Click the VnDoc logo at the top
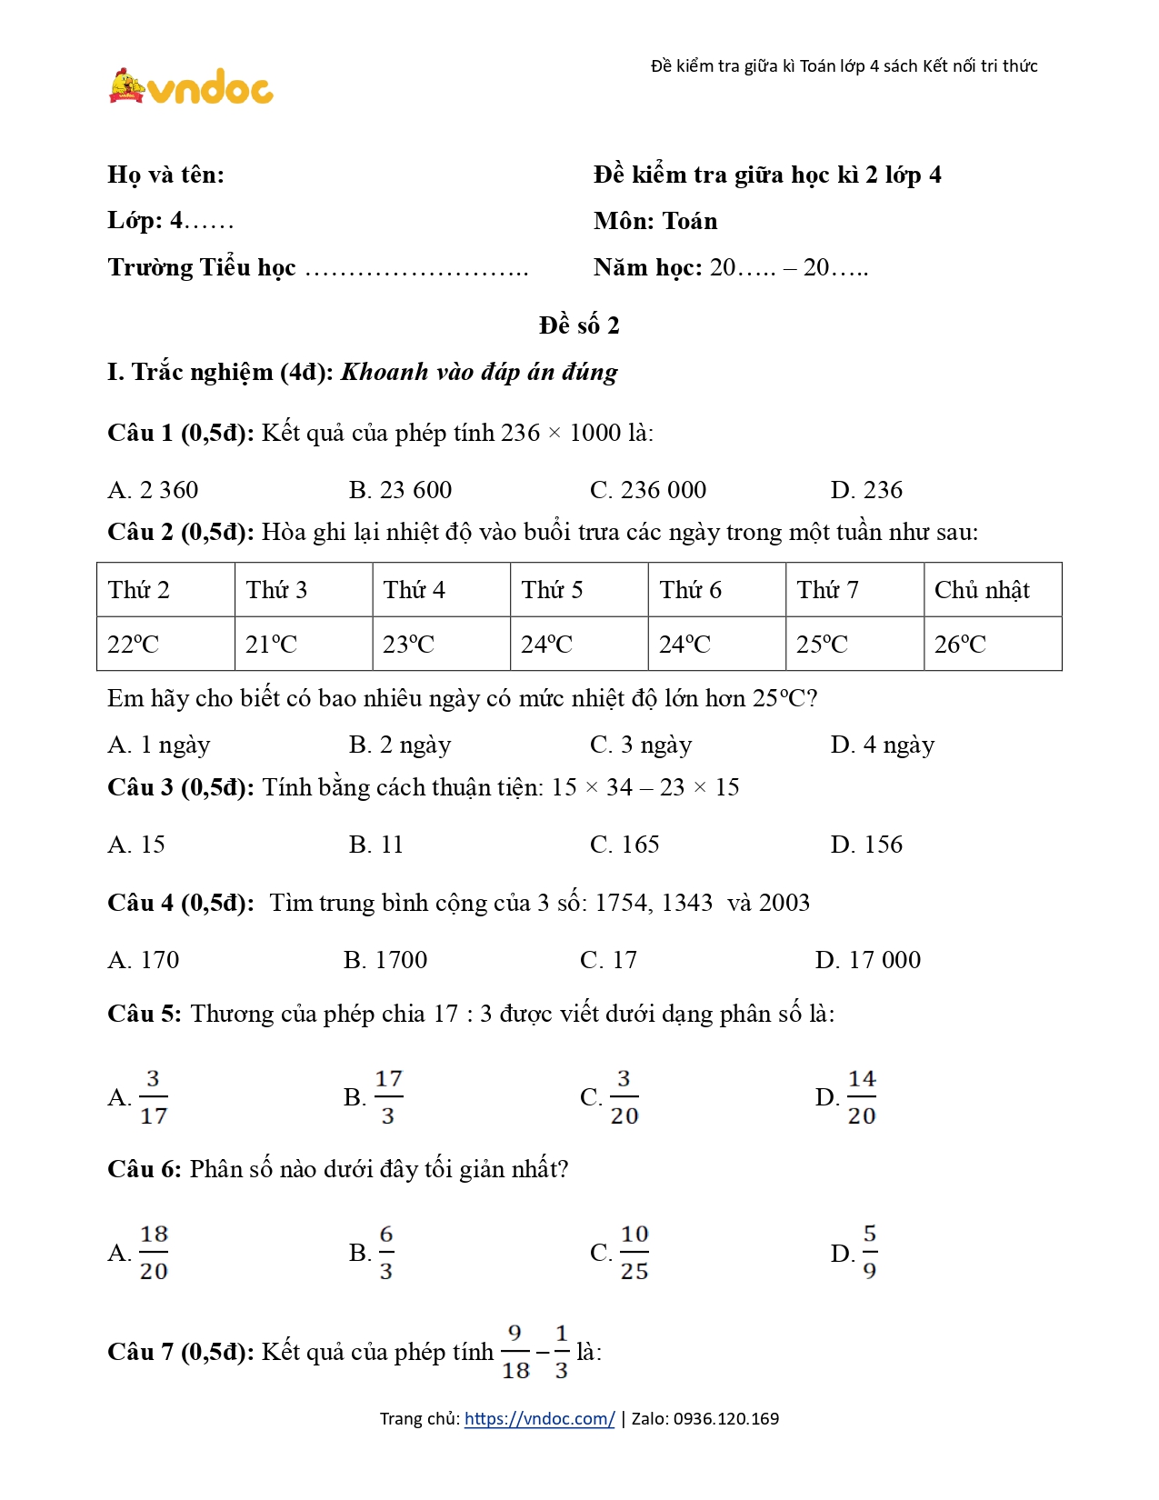(191, 87)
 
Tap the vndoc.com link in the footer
(539, 1419)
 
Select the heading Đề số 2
(579, 325)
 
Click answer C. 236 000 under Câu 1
(647, 490)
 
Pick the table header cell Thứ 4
(415, 590)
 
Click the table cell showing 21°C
(271, 645)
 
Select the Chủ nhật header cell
(982, 590)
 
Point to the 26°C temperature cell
(960, 645)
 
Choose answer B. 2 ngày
(400, 745)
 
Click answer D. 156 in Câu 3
(866, 845)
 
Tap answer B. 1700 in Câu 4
(385, 960)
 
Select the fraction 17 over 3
(387, 1097)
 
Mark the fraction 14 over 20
(861, 1097)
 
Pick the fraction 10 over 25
(634, 1253)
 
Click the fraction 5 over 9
(869, 1253)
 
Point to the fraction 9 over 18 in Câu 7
(515, 1352)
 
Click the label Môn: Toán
(655, 221)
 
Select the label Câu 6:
(145, 1169)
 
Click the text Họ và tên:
(165, 175)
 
